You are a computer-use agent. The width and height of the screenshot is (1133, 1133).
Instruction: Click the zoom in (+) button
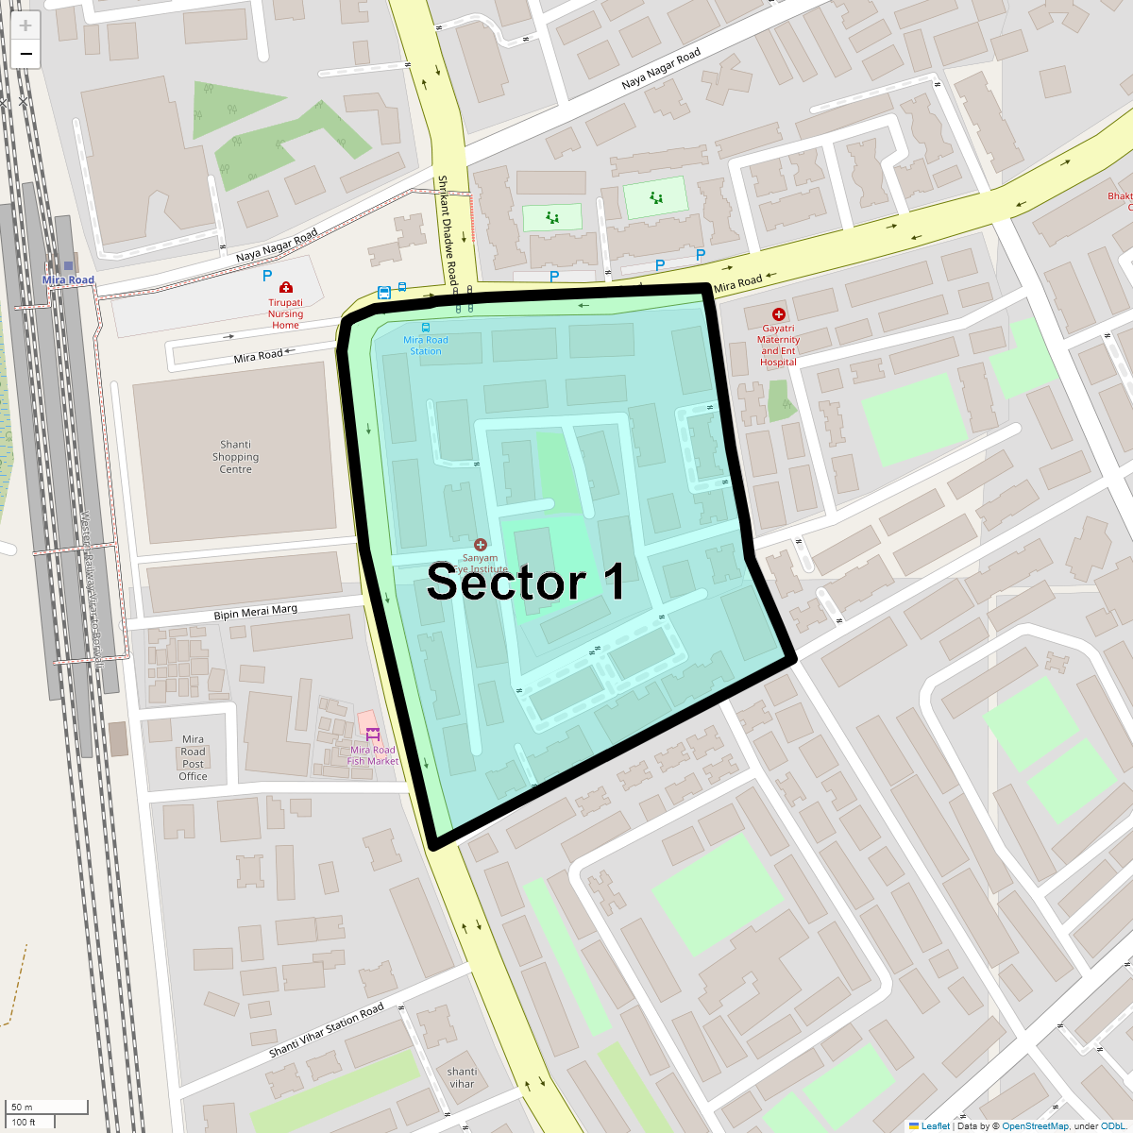tap(25, 25)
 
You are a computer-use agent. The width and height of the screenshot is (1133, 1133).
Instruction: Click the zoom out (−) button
tap(25, 54)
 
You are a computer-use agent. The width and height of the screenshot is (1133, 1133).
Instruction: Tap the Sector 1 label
tap(525, 582)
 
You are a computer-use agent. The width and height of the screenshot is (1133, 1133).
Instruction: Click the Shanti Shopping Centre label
tap(235, 457)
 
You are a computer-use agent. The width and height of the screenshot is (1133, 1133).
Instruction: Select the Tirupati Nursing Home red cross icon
tap(285, 287)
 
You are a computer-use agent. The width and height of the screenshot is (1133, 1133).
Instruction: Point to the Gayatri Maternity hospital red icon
tap(778, 313)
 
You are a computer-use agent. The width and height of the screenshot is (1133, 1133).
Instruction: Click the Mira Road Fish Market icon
tap(373, 734)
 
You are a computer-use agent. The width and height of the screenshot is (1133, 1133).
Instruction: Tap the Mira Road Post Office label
tap(193, 758)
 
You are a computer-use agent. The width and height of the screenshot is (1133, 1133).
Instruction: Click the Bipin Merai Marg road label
tap(255, 613)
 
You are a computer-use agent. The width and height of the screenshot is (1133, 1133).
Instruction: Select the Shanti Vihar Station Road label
tap(327, 1030)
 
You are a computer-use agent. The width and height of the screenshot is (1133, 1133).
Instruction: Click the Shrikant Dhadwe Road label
tap(447, 230)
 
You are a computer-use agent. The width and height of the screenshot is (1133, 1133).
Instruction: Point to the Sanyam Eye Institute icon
tap(481, 544)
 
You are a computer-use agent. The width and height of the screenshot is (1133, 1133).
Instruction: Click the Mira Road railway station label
tap(68, 279)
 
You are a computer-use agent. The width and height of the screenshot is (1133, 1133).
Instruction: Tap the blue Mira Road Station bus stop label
tap(426, 346)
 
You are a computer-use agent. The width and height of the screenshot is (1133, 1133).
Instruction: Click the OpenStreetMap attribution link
tap(1035, 1125)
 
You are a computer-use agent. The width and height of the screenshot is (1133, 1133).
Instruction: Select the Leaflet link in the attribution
tap(935, 1125)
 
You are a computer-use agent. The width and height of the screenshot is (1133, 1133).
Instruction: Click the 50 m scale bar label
tap(22, 1107)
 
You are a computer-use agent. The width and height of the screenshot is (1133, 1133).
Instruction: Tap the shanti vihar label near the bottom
tap(462, 1077)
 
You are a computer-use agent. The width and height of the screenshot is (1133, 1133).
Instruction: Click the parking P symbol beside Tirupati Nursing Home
tap(267, 276)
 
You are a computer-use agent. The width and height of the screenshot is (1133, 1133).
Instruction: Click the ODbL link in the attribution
tap(1112, 1125)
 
